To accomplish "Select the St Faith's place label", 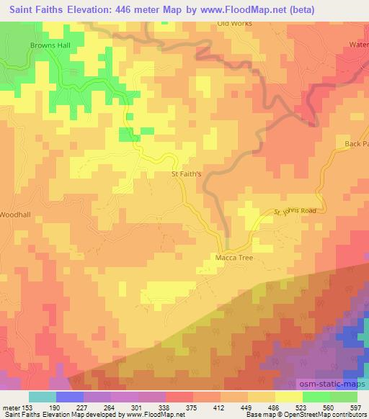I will [185, 174].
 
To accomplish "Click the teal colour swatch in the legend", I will [43, 397].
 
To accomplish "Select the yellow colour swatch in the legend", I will [289, 397].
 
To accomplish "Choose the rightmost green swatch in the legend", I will [344, 397].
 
